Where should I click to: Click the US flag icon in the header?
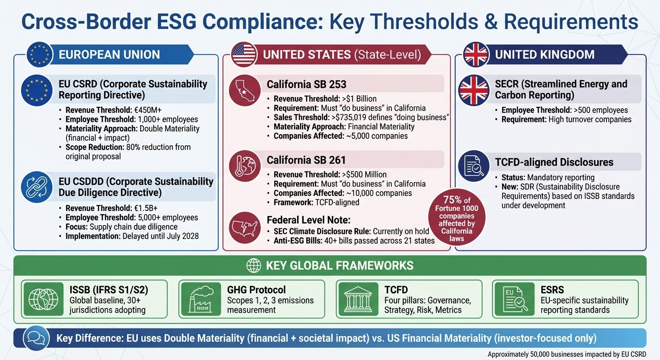(x=244, y=54)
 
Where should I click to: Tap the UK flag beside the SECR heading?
(x=473, y=90)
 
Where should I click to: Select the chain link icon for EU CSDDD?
(x=37, y=187)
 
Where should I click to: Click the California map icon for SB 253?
(x=245, y=90)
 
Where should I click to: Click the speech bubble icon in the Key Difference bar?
(x=36, y=338)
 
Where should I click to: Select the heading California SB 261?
(x=307, y=160)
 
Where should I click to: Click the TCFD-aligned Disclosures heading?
(x=554, y=162)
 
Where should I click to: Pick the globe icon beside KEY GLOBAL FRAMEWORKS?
(x=254, y=266)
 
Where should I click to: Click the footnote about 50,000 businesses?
(x=567, y=354)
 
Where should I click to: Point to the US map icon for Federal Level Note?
(x=245, y=227)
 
